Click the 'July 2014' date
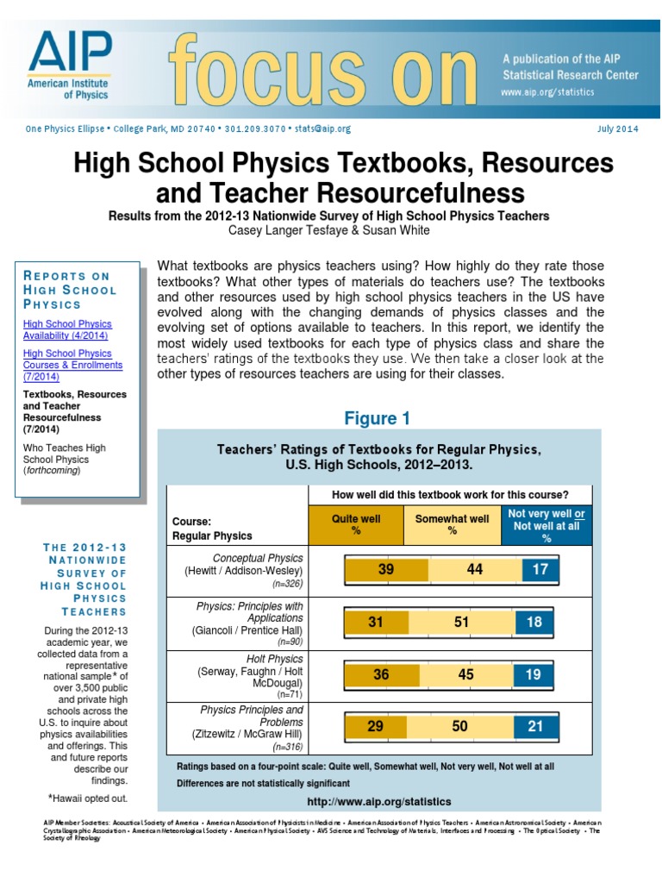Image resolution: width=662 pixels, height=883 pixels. click(617, 128)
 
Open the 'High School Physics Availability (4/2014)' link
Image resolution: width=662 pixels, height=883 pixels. click(66, 329)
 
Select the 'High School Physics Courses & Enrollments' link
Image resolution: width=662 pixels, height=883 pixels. click(72, 365)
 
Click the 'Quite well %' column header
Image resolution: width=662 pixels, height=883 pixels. click(356, 525)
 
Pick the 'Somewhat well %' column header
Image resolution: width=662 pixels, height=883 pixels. click(452, 525)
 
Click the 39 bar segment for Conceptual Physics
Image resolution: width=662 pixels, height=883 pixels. click(386, 570)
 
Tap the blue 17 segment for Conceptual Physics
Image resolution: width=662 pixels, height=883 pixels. click(540, 570)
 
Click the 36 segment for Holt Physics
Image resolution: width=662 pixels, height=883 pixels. click(381, 674)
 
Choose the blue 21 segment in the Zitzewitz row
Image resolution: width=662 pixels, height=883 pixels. click(535, 727)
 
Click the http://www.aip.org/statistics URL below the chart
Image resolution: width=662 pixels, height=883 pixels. click(378, 802)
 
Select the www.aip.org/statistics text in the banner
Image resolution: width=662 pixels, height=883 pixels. click(546, 91)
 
